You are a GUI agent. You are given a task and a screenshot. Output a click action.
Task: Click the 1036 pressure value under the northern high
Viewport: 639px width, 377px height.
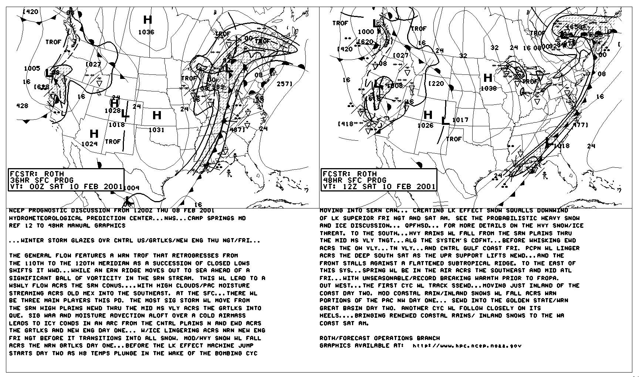(146, 32)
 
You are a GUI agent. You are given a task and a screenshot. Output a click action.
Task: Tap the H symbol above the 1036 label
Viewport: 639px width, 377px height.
(148, 20)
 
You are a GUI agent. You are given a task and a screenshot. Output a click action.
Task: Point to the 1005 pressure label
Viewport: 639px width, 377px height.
(32, 69)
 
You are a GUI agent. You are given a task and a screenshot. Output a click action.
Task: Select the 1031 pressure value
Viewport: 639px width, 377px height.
(156, 130)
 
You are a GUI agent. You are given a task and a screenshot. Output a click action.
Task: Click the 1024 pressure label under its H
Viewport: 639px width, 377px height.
(89, 144)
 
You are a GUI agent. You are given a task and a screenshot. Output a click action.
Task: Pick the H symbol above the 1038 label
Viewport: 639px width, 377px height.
(488, 78)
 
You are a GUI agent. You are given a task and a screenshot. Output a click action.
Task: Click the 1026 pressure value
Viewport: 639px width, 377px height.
(425, 126)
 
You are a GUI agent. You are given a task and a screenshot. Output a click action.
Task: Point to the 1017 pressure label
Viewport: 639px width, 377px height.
(460, 120)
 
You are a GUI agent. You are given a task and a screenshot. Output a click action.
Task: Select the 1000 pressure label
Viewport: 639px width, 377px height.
(366, 32)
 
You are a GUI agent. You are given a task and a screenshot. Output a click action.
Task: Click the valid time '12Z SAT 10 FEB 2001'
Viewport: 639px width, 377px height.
(385, 187)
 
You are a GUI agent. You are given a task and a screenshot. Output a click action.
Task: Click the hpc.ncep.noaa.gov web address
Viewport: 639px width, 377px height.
(467, 346)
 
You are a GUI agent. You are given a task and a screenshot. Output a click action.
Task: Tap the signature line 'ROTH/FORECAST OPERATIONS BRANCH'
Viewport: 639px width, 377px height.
(380, 338)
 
